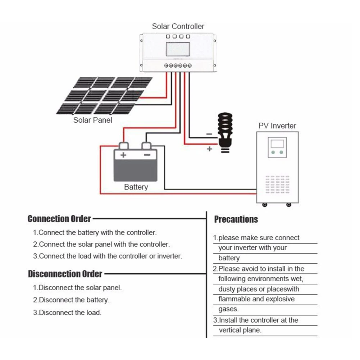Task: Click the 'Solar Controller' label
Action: [178, 26]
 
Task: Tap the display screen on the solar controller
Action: [178, 49]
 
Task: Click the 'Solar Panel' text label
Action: [93, 120]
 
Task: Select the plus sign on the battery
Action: [123, 155]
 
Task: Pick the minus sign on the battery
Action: [147, 155]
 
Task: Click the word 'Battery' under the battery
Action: [136, 187]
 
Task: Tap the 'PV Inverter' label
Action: [277, 126]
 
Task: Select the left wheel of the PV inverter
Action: [265, 205]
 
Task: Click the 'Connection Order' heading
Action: [59, 219]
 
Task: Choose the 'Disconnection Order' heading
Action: [65, 274]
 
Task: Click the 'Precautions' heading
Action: [236, 219]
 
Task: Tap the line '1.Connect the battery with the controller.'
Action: [95, 232]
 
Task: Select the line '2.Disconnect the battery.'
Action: [71, 300]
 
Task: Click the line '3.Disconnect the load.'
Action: [67, 313]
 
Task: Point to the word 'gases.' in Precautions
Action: [228, 309]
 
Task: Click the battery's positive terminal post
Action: [123, 145]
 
